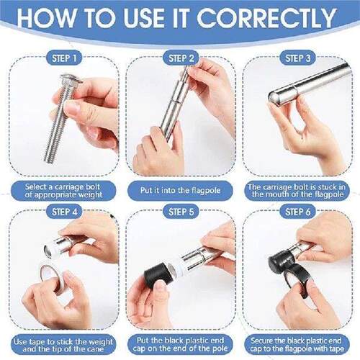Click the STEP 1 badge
[x=64, y=58]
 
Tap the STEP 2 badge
[x=181, y=58]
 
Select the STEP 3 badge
[x=297, y=58]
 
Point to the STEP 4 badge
[x=64, y=212]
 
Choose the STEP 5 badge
[x=181, y=212]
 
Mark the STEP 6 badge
[x=297, y=212]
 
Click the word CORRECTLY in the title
[x=266, y=18]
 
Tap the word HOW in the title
[x=46, y=18]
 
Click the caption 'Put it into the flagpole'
[x=180, y=191]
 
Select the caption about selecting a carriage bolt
[x=63, y=191]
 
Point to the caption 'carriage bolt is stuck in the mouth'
[x=297, y=191]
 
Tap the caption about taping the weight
[x=63, y=345]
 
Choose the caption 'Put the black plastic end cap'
[x=180, y=344]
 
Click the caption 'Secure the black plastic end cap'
[x=297, y=344]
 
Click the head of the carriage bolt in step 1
[x=70, y=78]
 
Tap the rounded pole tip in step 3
[x=274, y=98]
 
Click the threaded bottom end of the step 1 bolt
[x=48, y=159]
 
